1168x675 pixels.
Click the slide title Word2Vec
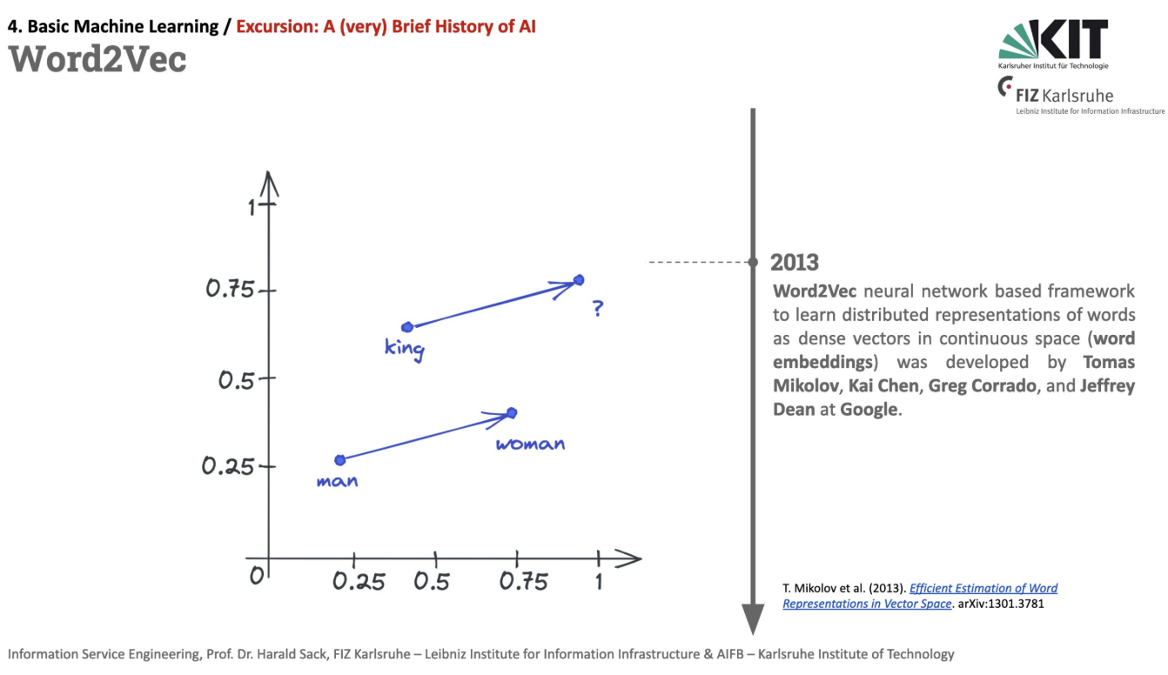[x=97, y=59]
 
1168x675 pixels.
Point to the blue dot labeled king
[x=406, y=327]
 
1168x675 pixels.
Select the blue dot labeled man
[x=340, y=460]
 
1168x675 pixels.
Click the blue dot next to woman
[x=512, y=412]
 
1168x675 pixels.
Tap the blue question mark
[x=597, y=309]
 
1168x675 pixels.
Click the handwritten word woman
[x=530, y=444]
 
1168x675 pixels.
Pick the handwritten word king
[x=405, y=350]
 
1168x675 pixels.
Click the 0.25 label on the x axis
[x=359, y=581]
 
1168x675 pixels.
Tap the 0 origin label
[x=256, y=576]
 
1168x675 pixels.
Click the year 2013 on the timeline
[x=795, y=262]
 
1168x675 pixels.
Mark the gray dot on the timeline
[x=753, y=262]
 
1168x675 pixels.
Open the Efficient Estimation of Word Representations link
[x=983, y=588]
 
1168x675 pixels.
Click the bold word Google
[x=869, y=409]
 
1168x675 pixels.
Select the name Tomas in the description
[x=1109, y=362]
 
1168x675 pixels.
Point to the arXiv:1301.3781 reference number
[x=1001, y=604]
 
